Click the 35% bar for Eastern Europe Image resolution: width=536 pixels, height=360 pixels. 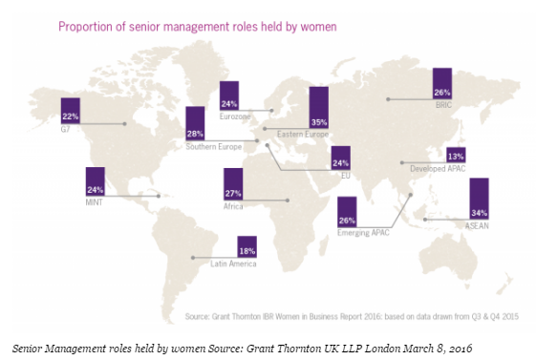click(319, 108)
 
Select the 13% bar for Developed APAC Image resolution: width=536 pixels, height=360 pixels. click(456, 155)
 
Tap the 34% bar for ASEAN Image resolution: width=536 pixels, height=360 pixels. click(479, 199)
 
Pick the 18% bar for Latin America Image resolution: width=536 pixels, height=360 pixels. click(247, 246)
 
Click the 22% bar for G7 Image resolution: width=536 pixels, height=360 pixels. click(71, 111)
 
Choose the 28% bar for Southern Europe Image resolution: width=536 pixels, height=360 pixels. click(195, 123)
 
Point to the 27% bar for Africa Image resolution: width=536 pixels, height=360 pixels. click(233, 184)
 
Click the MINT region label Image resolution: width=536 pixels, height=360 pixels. click(94, 202)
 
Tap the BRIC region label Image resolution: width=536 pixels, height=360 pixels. click(443, 105)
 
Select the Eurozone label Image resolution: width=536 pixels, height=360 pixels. click(235, 116)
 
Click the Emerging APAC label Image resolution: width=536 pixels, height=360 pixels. click(363, 233)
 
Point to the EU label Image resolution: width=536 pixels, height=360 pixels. click(346, 176)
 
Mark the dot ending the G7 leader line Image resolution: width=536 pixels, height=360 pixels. click(125, 124)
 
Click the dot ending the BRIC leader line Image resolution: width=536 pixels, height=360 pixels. click(388, 99)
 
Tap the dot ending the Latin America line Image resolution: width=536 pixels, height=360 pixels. click(193, 258)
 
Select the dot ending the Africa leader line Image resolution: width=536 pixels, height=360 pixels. click(288, 201)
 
